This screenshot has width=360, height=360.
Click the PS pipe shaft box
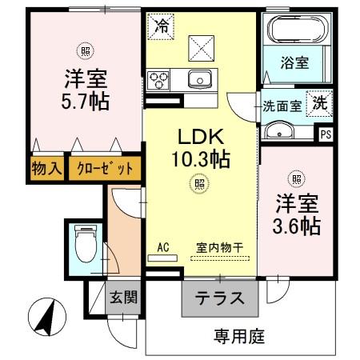326,134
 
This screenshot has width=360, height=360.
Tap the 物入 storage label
45,168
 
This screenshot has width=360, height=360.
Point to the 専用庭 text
238,335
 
